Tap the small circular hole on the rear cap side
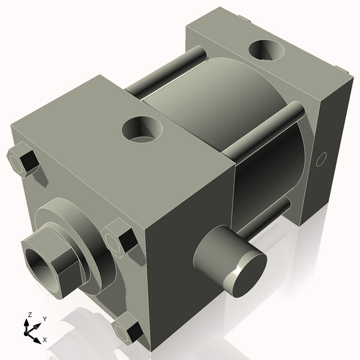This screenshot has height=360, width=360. pyautogui.click(x=321, y=160)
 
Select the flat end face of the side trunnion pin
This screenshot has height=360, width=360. pyautogui.click(x=247, y=274)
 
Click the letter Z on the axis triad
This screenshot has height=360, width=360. pyautogui.click(x=29, y=314)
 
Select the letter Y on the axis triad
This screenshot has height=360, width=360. pyautogui.click(x=44, y=319)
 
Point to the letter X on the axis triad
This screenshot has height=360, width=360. pyautogui.click(x=45, y=340)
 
